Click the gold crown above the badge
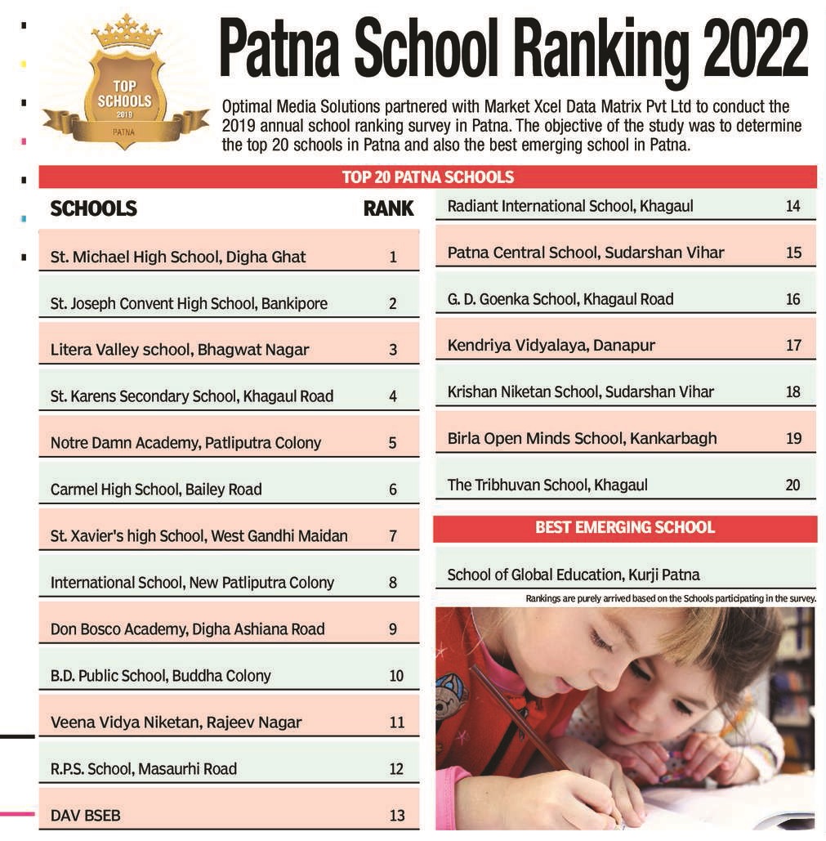click(x=127, y=33)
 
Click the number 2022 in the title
click(x=755, y=51)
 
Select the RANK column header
click(x=388, y=208)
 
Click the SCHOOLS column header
click(x=93, y=208)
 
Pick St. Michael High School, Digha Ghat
click(x=178, y=257)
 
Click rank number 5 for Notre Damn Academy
click(x=393, y=444)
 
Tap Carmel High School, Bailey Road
click(x=156, y=490)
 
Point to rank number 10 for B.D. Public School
click(x=396, y=676)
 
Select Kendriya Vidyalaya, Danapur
click(x=551, y=346)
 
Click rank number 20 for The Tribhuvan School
click(x=793, y=485)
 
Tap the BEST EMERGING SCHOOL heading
click(x=625, y=528)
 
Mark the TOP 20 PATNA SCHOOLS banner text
click(x=427, y=177)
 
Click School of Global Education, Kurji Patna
click(x=574, y=575)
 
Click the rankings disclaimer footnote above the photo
click(x=670, y=598)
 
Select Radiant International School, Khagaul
click(x=570, y=207)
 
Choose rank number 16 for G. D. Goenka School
click(x=793, y=299)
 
